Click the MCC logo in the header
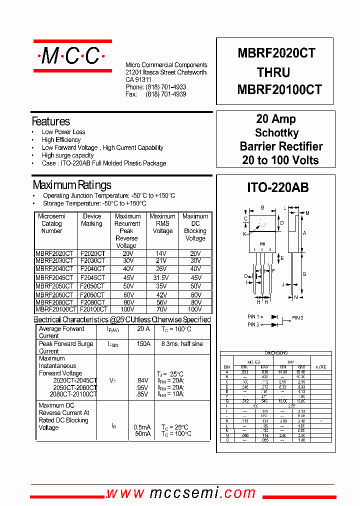(72, 56)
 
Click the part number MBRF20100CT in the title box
(279, 89)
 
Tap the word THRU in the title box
(273, 72)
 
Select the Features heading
(51, 121)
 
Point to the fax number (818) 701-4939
(166, 94)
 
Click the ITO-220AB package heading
(278, 187)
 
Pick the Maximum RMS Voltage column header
(162, 223)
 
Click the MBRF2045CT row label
(54, 277)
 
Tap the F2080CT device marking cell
(92, 302)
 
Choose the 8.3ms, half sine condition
(182, 344)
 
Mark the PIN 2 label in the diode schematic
(297, 317)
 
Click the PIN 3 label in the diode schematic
(253, 325)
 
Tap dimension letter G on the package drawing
(304, 274)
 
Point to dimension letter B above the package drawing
(262, 207)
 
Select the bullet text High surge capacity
(68, 155)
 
